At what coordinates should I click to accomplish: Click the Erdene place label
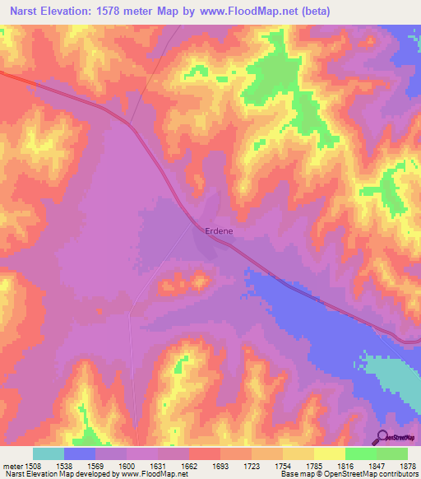pyautogui.click(x=219, y=231)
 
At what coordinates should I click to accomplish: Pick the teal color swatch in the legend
pyautogui.click(x=49, y=453)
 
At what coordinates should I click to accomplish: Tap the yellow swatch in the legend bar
pyautogui.click(x=330, y=453)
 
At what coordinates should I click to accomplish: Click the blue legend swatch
pyautogui.click(x=80, y=453)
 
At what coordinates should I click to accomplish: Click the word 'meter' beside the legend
pyautogui.click(x=10, y=464)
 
